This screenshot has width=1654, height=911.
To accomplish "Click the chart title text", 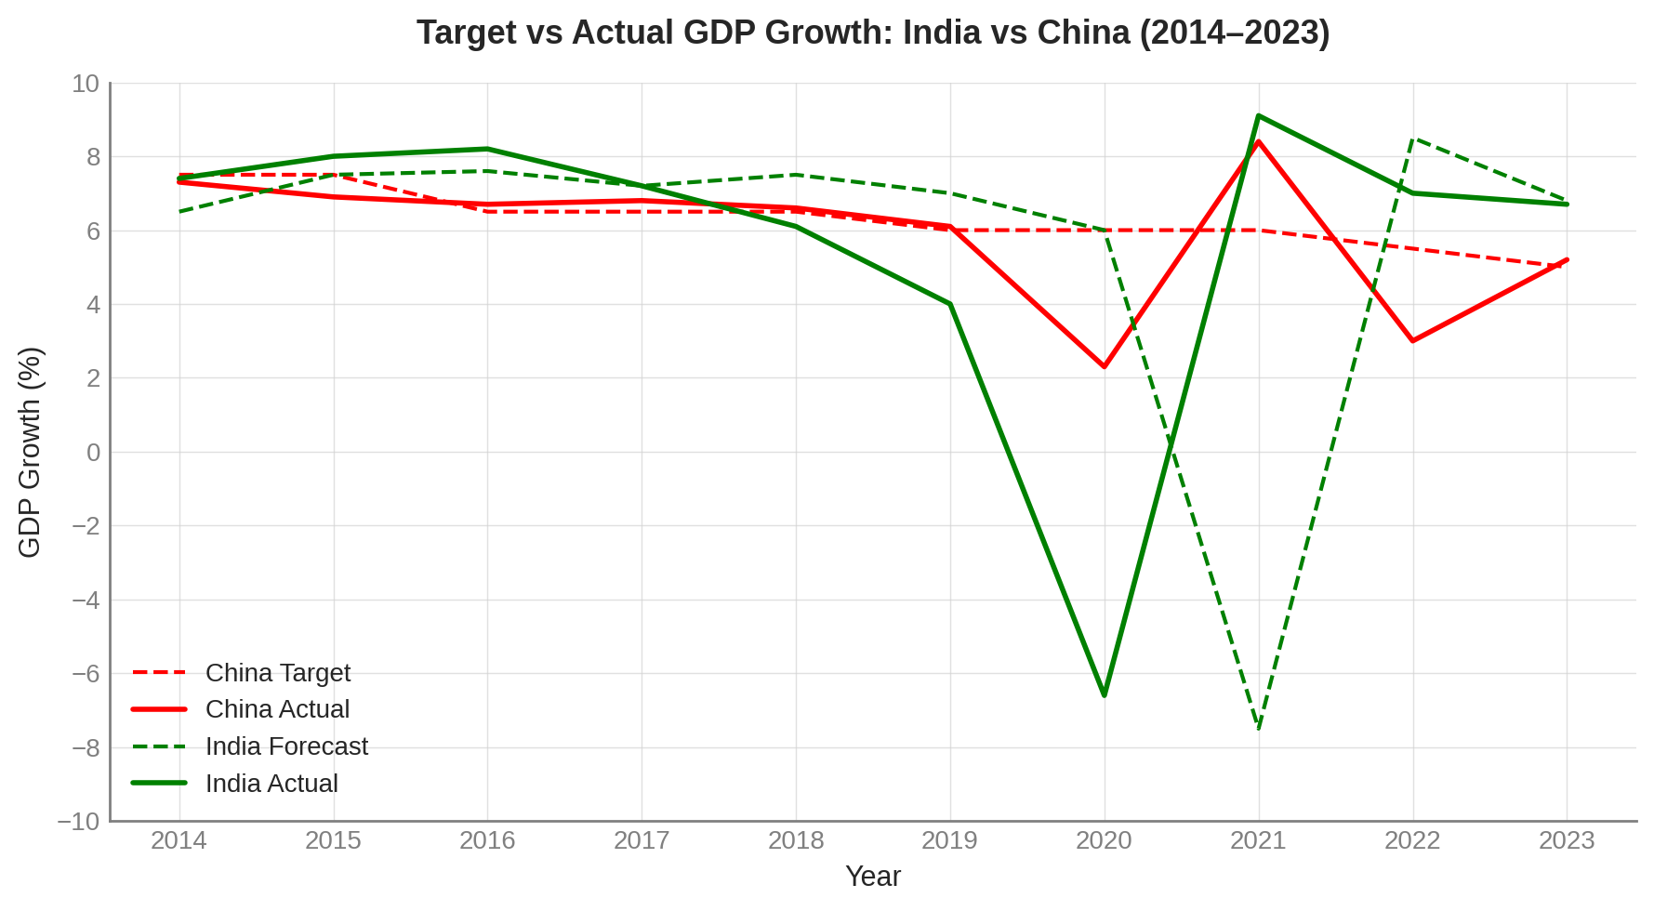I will (x=872, y=33).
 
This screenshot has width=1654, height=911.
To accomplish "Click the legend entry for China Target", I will (x=277, y=673).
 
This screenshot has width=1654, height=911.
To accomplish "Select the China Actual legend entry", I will (x=277, y=709).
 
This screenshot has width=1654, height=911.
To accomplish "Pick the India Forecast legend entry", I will (x=286, y=746).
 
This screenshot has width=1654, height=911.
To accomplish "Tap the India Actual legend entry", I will (x=271, y=784).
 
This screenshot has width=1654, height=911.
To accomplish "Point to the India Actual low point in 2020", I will (x=1104, y=695).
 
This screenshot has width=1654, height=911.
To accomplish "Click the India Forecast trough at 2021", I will (x=1258, y=729).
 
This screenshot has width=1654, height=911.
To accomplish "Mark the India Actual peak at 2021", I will (x=1258, y=116).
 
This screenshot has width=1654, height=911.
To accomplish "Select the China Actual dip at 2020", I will (x=1104, y=367).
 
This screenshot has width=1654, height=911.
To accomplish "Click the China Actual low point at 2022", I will (x=1412, y=341).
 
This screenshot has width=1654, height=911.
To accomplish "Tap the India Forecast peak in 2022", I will (x=1412, y=139).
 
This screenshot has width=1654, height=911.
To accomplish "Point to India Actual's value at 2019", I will (x=949, y=304).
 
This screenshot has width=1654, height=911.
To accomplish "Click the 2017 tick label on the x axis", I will (x=642, y=841).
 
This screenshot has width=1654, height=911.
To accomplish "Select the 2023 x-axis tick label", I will (x=1567, y=841).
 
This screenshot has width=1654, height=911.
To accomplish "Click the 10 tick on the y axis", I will (x=86, y=84).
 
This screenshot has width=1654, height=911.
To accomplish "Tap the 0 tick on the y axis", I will (x=93, y=453).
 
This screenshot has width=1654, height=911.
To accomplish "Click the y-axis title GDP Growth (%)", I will (x=30, y=453).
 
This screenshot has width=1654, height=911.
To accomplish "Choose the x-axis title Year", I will (x=872, y=877).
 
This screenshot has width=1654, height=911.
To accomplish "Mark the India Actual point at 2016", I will (x=487, y=149).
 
